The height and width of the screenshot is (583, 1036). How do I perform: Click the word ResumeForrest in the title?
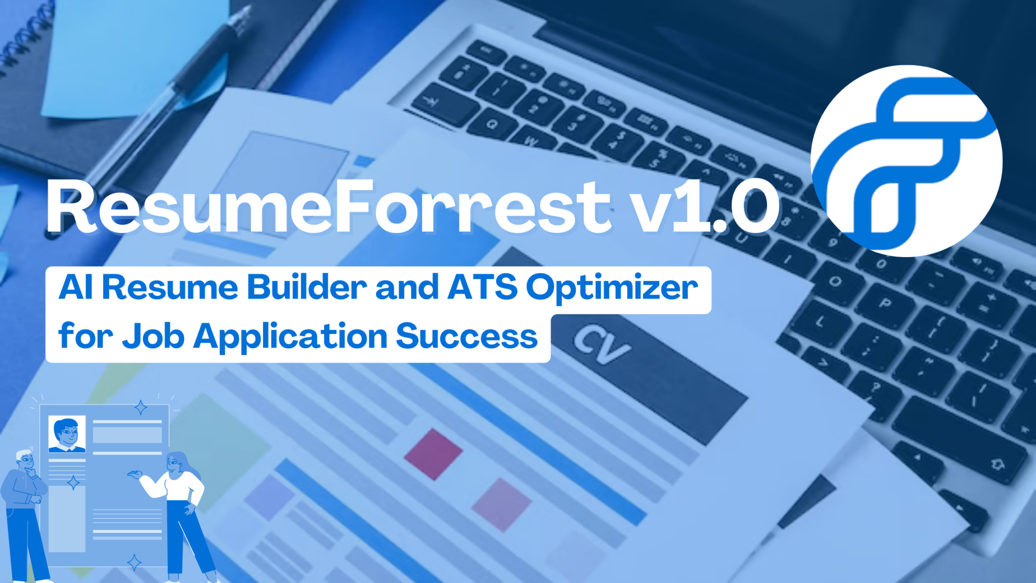point(329,207)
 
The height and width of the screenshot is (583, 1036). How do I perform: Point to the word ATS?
point(483,287)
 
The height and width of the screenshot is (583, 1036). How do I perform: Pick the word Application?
point(290,337)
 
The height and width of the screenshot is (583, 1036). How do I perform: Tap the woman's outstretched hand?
point(135,474)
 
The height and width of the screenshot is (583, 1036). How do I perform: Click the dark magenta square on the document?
point(433,454)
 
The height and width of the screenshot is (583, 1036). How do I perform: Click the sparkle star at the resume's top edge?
point(141,407)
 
